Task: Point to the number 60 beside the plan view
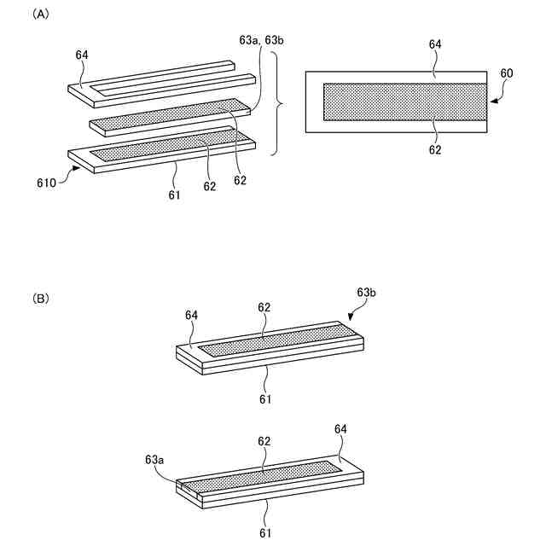pyautogui.click(x=506, y=73)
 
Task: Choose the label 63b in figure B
pyautogui.click(x=366, y=293)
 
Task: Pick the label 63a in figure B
pyautogui.click(x=155, y=460)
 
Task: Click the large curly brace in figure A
pyautogui.click(x=277, y=103)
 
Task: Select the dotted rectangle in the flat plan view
pyautogui.click(x=404, y=102)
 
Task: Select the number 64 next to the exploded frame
pyautogui.click(x=82, y=55)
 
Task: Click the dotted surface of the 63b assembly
pyautogui.click(x=273, y=341)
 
